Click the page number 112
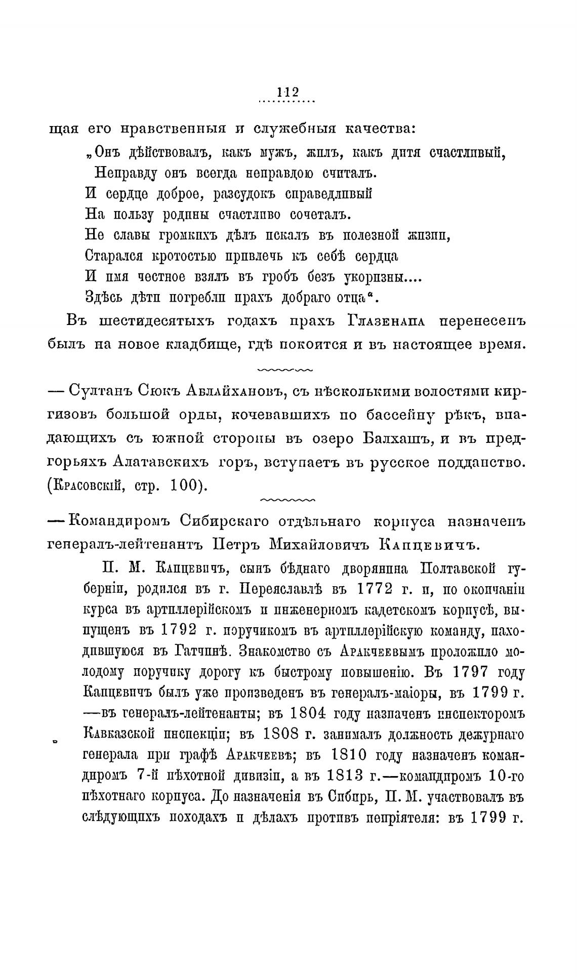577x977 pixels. tap(287, 93)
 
